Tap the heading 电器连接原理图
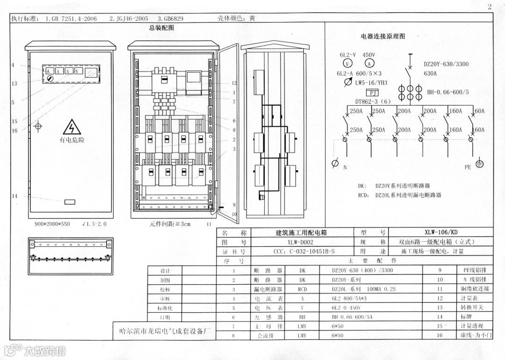[x=382, y=36]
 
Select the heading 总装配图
[x=161, y=28]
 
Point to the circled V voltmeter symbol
[x=347, y=64]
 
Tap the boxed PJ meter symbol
[x=372, y=93]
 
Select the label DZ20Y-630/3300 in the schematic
[x=446, y=64]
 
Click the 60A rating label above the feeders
[x=479, y=111]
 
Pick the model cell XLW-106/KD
[x=441, y=232]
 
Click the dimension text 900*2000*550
[x=52, y=224]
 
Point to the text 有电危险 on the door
[x=72, y=140]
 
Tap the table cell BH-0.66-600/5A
[x=352, y=317]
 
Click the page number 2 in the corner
[x=490, y=7]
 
